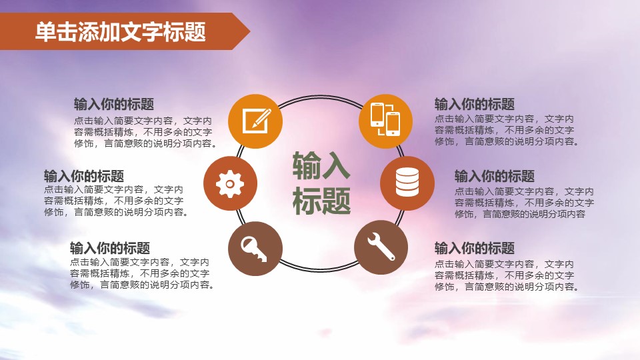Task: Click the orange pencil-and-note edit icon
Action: point(256,121)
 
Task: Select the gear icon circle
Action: point(231,183)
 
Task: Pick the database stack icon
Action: point(407,183)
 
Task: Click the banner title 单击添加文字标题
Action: point(121,31)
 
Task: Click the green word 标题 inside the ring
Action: point(321,200)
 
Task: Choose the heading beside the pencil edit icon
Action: point(114,105)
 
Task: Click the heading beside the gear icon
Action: point(84,176)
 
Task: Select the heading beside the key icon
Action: point(110,248)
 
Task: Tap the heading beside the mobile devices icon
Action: point(475,105)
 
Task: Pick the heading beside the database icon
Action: point(495,176)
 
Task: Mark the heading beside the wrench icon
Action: point(475,249)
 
